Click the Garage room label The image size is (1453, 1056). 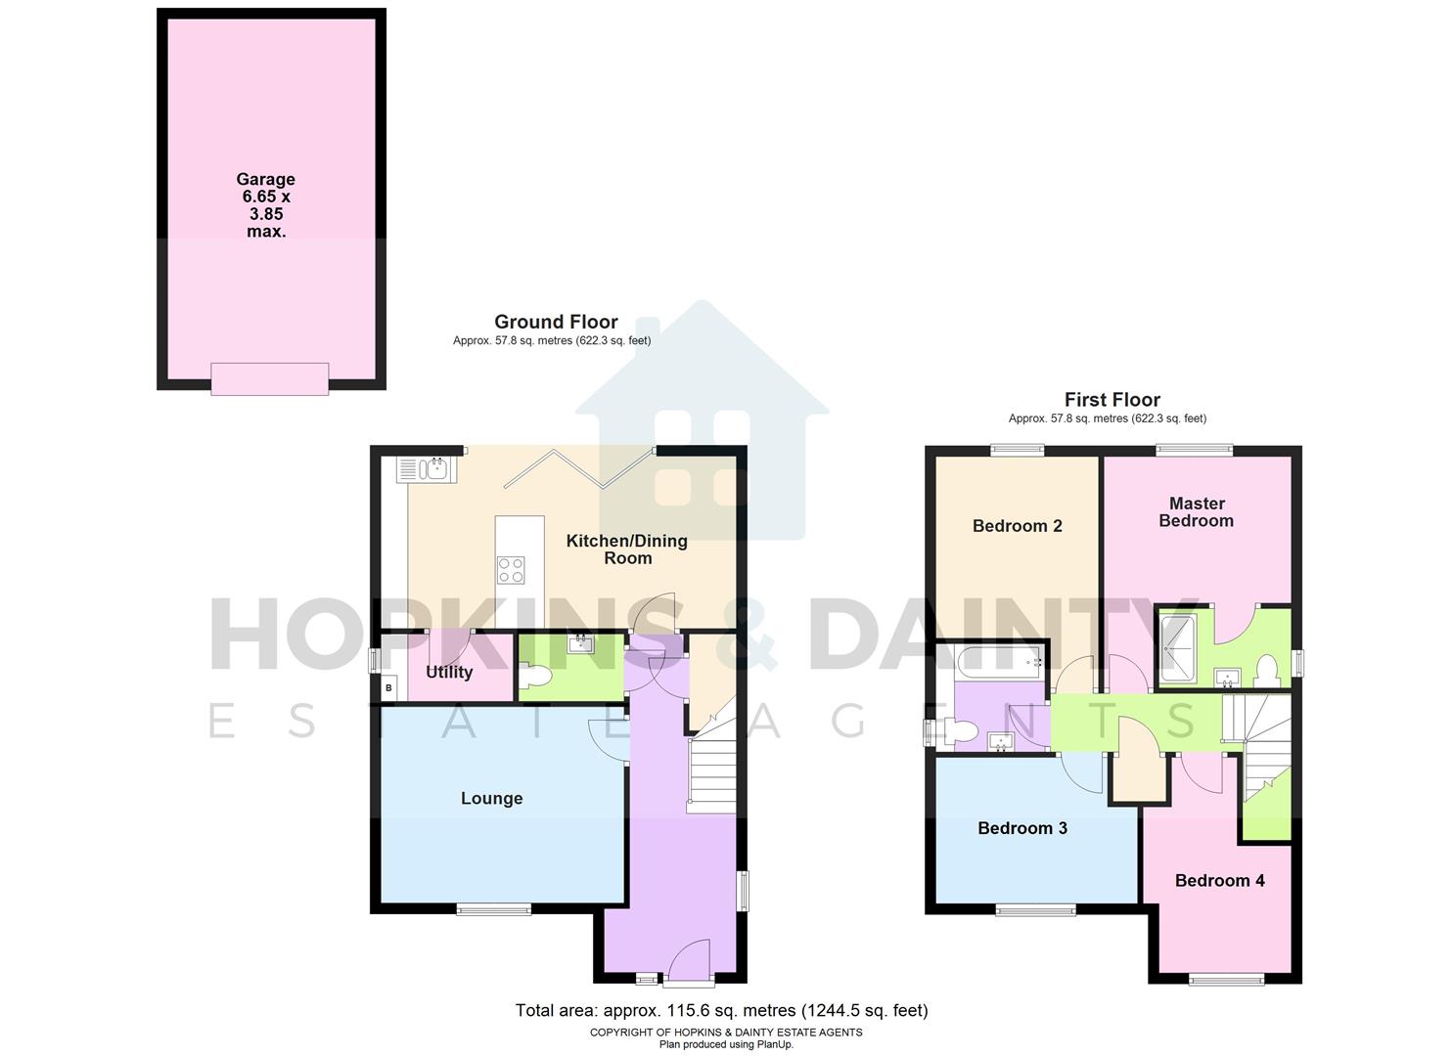coord(265,205)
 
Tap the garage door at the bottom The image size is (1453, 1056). coord(269,378)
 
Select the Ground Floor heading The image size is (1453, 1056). coord(556,322)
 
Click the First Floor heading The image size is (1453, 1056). coord(1112,400)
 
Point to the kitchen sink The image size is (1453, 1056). coord(423,470)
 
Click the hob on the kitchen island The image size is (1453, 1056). coord(511,569)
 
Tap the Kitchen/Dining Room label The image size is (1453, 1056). coord(626,550)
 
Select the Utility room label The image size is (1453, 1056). coord(449,672)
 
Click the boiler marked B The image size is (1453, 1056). coord(388,688)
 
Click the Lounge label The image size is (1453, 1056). coord(491,799)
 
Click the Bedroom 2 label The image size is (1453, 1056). coord(1017,526)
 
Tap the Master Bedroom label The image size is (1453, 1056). coord(1196,512)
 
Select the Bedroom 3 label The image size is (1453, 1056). coord(1022,828)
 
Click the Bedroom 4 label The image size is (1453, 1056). coord(1219,881)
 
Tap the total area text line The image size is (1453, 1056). coord(721,1011)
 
